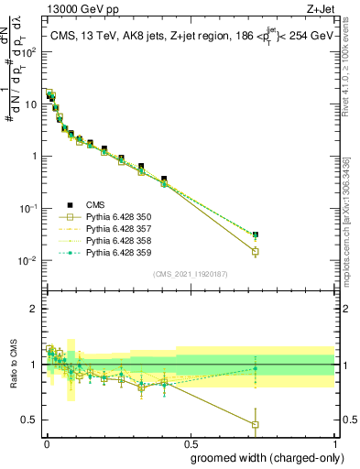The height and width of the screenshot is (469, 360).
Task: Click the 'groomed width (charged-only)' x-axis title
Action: (263, 457)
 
